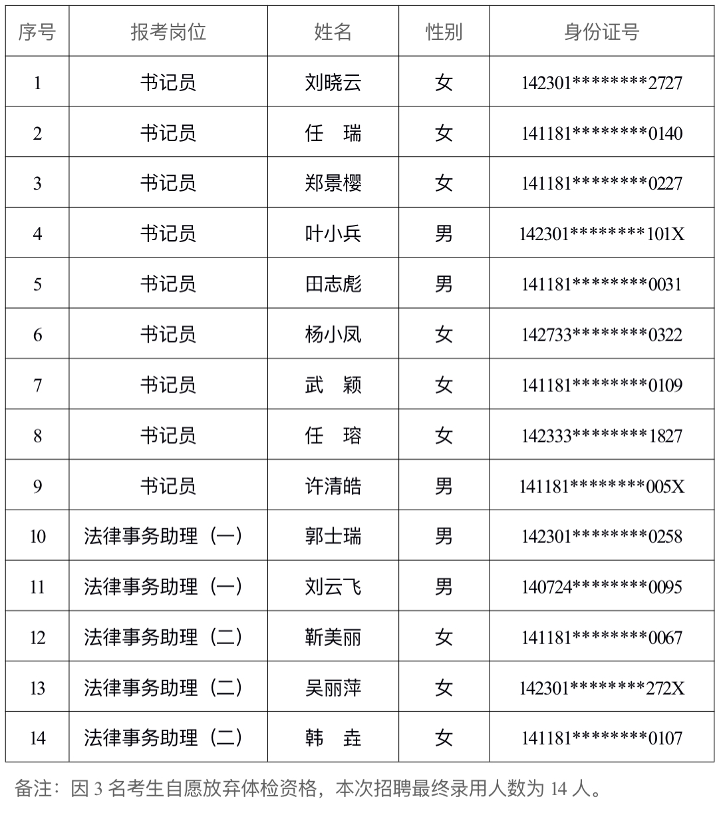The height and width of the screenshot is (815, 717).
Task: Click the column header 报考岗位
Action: tap(168, 32)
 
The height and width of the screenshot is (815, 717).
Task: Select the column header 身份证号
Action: tap(601, 32)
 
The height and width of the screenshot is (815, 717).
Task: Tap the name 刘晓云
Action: tap(333, 82)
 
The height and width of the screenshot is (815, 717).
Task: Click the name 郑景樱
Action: tap(333, 183)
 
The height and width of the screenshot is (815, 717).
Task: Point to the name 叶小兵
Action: tap(333, 234)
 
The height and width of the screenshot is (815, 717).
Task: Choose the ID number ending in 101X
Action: tap(601, 234)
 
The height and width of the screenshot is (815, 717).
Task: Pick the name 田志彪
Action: tap(333, 284)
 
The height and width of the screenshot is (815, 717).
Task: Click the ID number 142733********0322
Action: tap(601, 335)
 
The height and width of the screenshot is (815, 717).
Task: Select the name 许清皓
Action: tap(333, 486)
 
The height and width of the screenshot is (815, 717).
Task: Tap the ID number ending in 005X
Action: tap(601, 487)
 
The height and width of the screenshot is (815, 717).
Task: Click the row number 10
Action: tap(37, 536)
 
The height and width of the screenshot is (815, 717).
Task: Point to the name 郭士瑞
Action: tap(333, 536)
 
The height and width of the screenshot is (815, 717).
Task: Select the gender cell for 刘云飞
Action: tap(444, 587)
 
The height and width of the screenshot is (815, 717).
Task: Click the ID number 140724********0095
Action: tap(601, 587)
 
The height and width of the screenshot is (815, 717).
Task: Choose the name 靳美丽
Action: tap(333, 637)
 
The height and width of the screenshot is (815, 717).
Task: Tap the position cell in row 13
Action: tap(164, 688)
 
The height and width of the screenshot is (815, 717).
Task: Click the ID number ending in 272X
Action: tap(601, 689)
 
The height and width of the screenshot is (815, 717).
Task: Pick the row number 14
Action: tap(37, 738)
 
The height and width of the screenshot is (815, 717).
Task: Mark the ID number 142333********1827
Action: tap(601, 436)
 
